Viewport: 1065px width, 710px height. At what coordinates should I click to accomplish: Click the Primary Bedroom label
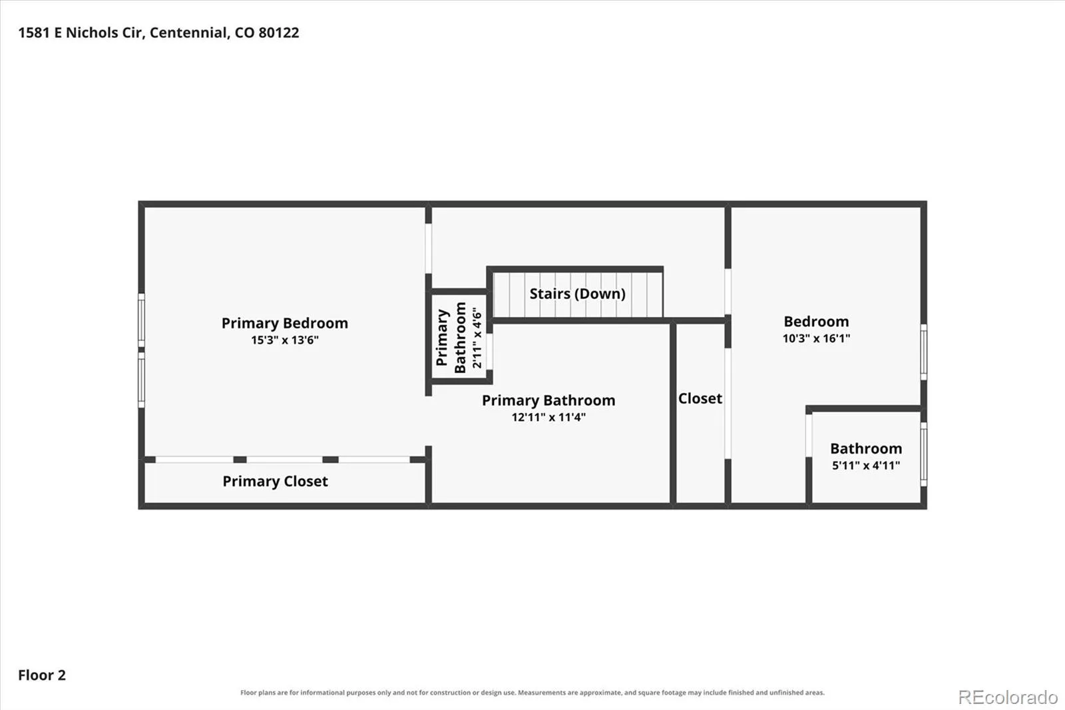tap(284, 323)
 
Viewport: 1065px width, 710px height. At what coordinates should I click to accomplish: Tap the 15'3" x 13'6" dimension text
tap(285, 340)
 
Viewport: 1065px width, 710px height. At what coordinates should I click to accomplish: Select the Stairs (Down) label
tap(577, 294)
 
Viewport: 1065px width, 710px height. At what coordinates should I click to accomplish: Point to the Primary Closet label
tap(275, 481)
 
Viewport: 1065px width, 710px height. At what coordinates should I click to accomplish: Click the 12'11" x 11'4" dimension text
tap(548, 417)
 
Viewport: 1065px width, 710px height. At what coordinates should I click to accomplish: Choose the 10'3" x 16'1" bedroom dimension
tap(816, 338)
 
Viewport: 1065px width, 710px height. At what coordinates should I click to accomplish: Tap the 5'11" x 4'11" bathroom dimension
tap(866, 465)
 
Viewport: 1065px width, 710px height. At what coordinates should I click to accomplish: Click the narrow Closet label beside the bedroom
tap(700, 398)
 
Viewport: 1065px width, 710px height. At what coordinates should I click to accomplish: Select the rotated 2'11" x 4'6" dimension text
tap(477, 338)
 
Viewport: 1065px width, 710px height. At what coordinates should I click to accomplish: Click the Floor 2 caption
tap(42, 675)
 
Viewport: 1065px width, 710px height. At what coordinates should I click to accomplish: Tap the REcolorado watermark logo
tap(1008, 697)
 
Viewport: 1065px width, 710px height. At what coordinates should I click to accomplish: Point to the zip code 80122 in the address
tap(279, 33)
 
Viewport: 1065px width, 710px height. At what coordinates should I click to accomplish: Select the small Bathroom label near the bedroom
tap(866, 448)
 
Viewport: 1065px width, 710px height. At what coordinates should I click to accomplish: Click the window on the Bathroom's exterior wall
tap(923, 454)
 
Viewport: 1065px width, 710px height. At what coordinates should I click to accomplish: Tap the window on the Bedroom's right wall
tap(923, 352)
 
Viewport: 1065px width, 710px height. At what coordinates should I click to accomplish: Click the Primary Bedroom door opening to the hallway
tap(429, 248)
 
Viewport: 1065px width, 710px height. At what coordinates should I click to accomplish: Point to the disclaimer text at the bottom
tap(532, 693)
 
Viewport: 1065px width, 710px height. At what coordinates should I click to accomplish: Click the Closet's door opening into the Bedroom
tap(728, 404)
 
